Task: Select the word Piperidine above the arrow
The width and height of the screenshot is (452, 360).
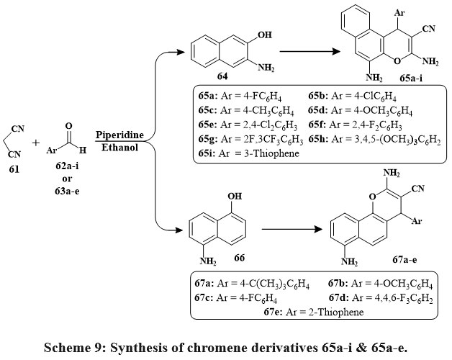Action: point(120,134)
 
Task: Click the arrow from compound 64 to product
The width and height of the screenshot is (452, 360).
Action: point(310,51)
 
